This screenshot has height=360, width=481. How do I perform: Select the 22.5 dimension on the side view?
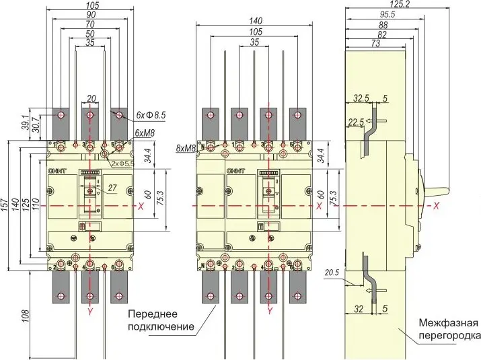coord(356,122)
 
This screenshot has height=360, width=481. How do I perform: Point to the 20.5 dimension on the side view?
coord(330,273)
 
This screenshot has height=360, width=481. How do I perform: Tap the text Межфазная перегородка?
coord(449,328)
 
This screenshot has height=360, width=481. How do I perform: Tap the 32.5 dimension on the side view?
coord(363,98)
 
